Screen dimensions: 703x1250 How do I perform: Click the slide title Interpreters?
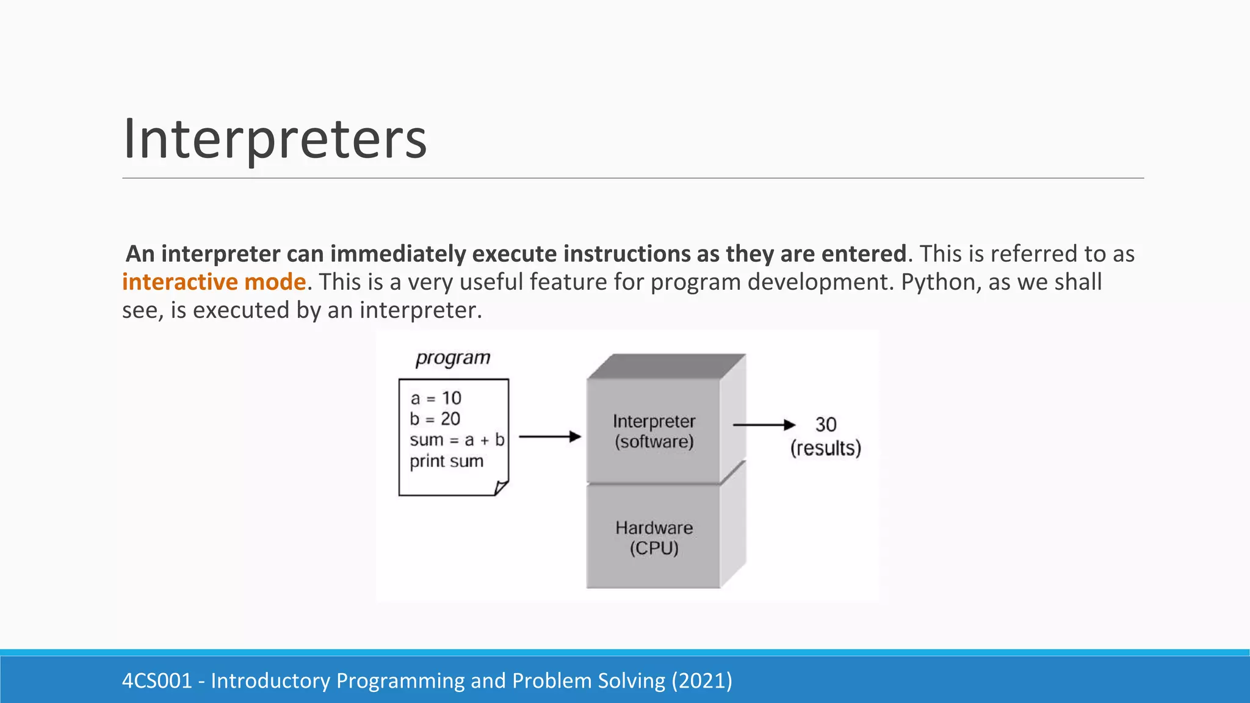pyautogui.click(x=275, y=139)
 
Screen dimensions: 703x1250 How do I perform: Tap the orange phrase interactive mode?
pyautogui.click(x=214, y=282)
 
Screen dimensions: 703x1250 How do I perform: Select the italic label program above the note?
pyautogui.click(x=453, y=358)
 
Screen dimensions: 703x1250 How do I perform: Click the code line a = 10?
pyautogui.click(x=436, y=398)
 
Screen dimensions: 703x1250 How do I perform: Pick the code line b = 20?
pyautogui.click(x=435, y=419)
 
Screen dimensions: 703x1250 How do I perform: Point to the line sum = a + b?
pyautogui.click(x=457, y=440)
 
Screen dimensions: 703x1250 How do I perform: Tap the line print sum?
pyautogui.click(x=446, y=461)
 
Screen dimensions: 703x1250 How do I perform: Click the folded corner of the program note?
pyautogui.click(x=501, y=488)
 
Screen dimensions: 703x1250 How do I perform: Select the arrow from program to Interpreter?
pyautogui.click(x=549, y=436)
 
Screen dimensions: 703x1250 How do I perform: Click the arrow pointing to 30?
pyautogui.click(x=764, y=425)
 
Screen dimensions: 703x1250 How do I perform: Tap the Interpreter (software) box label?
pyautogui.click(x=654, y=431)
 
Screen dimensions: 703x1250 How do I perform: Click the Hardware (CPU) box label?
pyautogui.click(x=654, y=538)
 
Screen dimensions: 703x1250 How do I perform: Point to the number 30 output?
pyautogui.click(x=826, y=424)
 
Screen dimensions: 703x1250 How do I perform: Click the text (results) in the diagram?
pyautogui.click(x=825, y=449)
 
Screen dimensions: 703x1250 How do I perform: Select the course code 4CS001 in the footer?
pyautogui.click(x=157, y=680)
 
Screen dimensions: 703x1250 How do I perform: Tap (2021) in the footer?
pyautogui.click(x=702, y=680)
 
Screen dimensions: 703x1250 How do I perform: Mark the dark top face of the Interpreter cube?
pyautogui.click(x=665, y=366)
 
